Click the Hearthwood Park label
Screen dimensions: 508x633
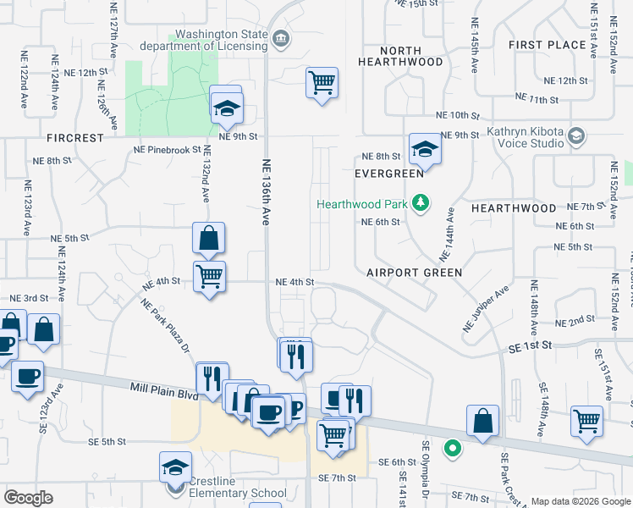(x=363, y=204)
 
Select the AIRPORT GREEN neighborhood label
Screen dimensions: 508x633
(x=415, y=273)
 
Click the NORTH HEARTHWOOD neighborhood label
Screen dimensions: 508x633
(x=400, y=56)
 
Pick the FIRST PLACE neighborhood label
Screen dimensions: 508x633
(x=548, y=44)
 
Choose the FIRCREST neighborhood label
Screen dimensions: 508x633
(x=75, y=137)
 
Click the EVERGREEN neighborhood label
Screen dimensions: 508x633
(x=389, y=174)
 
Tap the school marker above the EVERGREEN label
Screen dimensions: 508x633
(x=425, y=149)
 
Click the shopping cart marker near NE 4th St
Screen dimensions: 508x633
(x=209, y=274)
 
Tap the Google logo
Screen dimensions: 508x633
(x=29, y=498)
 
